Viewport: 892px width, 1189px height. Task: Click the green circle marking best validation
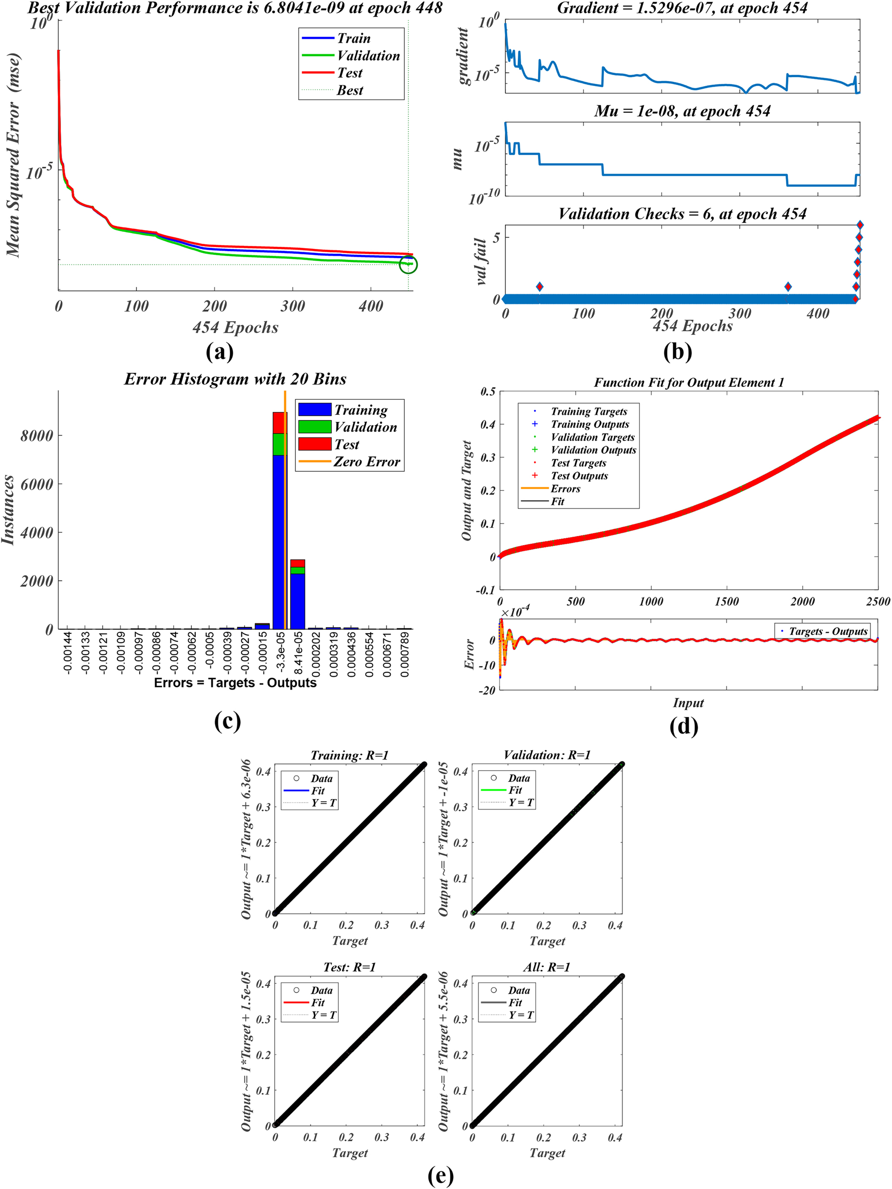[408, 264]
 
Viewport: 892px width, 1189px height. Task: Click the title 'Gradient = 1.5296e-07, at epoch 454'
[682, 8]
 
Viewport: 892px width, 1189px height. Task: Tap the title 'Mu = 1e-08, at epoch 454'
[682, 111]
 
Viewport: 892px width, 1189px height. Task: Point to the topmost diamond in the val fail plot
[860, 225]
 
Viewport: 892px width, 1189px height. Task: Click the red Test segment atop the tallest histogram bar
[279, 422]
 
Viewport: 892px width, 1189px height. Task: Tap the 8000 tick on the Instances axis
[36, 435]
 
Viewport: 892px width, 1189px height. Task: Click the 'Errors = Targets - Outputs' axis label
[235, 683]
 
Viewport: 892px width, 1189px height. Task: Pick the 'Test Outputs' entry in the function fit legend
[579, 476]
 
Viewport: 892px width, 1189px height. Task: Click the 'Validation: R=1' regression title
[547, 755]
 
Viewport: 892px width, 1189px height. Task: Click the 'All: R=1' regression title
[547, 967]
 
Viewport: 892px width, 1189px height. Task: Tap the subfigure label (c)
[227, 721]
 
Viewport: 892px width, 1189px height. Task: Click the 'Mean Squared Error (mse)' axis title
[13, 155]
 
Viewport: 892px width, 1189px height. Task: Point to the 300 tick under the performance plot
[292, 307]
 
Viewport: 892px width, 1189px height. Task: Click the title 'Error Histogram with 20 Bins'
[235, 379]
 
